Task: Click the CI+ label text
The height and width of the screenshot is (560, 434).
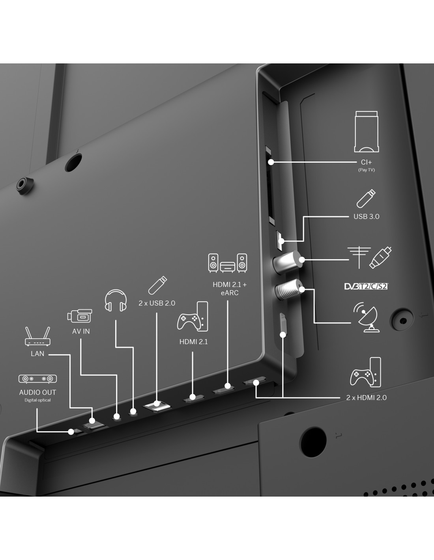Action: [366, 162]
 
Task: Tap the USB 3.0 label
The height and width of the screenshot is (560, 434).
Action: [366, 217]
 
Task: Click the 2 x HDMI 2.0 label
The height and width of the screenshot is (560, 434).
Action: [366, 398]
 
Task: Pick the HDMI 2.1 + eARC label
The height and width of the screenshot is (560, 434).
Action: [230, 289]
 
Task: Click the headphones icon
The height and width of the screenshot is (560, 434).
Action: [116, 301]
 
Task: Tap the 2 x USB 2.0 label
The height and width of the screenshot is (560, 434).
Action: [157, 303]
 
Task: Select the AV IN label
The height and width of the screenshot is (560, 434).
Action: [81, 332]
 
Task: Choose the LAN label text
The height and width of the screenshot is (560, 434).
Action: [37, 354]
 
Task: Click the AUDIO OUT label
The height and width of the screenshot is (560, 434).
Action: [37, 392]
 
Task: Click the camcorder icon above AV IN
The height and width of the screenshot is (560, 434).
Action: [80, 316]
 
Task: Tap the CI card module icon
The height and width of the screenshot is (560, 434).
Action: [367, 132]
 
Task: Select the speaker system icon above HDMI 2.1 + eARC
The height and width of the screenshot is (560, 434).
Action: [228, 263]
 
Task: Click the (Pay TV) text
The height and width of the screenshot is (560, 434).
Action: [366, 170]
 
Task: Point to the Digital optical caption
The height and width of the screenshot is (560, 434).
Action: [37, 401]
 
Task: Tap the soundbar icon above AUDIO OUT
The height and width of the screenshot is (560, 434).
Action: [37, 379]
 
